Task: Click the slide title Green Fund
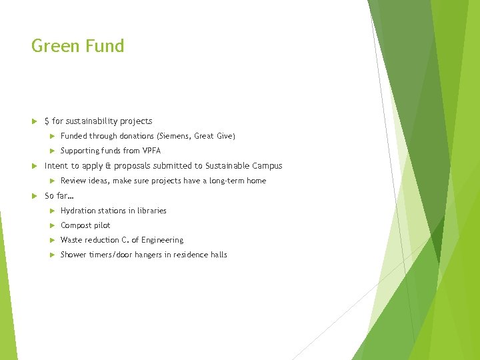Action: [77, 46]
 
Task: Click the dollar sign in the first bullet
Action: [47, 121]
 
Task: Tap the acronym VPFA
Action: [151, 151]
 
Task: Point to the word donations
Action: [136, 136]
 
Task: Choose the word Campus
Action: [266, 166]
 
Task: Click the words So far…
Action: [59, 196]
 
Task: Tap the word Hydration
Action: [78, 211]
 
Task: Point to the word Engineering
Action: [161, 240]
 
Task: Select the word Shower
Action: [73, 255]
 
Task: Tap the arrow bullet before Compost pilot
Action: [51, 225]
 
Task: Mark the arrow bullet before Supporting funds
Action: [51, 151]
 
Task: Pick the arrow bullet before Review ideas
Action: [51, 181]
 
